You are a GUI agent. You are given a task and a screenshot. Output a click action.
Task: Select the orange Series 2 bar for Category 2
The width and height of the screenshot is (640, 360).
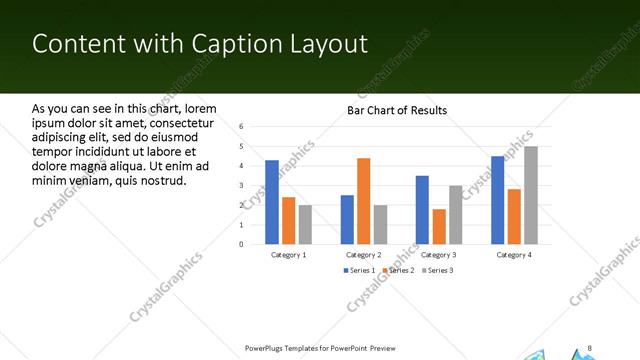[363, 201]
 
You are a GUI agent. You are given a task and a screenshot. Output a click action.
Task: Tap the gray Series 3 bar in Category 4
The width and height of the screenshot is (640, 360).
[530, 195]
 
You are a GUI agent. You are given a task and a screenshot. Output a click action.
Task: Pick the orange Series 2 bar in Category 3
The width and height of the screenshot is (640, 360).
[439, 226]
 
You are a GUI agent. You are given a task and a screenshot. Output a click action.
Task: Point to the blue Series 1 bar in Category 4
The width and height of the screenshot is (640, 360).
[497, 200]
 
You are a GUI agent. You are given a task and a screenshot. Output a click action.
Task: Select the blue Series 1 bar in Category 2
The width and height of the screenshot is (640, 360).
[347, 219]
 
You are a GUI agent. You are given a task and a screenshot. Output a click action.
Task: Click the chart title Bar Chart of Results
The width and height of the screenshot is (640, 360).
[397, 110]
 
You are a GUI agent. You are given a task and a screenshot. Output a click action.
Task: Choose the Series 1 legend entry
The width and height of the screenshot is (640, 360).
[361, 271]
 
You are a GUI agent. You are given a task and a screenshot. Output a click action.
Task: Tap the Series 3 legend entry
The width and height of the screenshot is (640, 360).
[437, 271]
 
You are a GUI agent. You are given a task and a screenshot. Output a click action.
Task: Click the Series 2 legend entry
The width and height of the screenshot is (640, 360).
[399, 271]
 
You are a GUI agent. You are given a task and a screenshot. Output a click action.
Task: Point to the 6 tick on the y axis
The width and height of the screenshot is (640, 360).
[242, 127]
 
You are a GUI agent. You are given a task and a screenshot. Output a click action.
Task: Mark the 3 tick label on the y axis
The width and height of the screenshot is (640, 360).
[242, 185]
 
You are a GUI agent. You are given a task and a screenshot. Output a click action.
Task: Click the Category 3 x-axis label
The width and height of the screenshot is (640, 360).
[439, 255]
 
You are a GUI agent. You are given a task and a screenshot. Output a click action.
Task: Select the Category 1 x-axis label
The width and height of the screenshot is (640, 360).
[289, 255]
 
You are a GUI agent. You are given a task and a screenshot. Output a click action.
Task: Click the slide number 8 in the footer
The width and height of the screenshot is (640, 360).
[590, 347]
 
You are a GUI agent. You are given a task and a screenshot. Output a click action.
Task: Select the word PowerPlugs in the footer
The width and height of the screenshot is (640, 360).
[265, 348]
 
